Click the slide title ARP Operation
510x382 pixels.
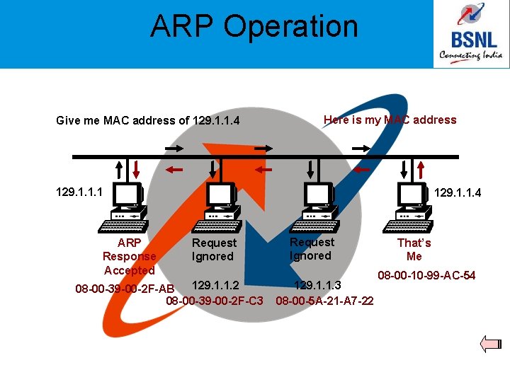(254, 27)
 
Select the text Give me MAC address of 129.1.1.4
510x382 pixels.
(148, 121)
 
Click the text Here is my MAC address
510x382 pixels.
(390, 120)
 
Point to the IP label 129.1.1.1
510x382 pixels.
(79, 192)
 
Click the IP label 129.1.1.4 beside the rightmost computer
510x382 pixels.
(457, 192)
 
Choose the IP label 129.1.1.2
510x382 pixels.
(216, 286)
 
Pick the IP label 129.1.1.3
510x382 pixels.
(317, 286)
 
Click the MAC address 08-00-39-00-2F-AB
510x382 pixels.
(124, 289)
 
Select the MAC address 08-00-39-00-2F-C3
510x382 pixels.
(214, 301)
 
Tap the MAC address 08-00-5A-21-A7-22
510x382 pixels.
(324, 301)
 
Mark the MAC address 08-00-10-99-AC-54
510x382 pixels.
(426, 274)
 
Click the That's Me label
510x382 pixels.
(414, 249)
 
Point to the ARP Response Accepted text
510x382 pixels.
(129, 256)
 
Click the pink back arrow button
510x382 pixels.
(490, 345)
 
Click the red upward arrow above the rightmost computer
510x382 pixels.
(421, 170)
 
